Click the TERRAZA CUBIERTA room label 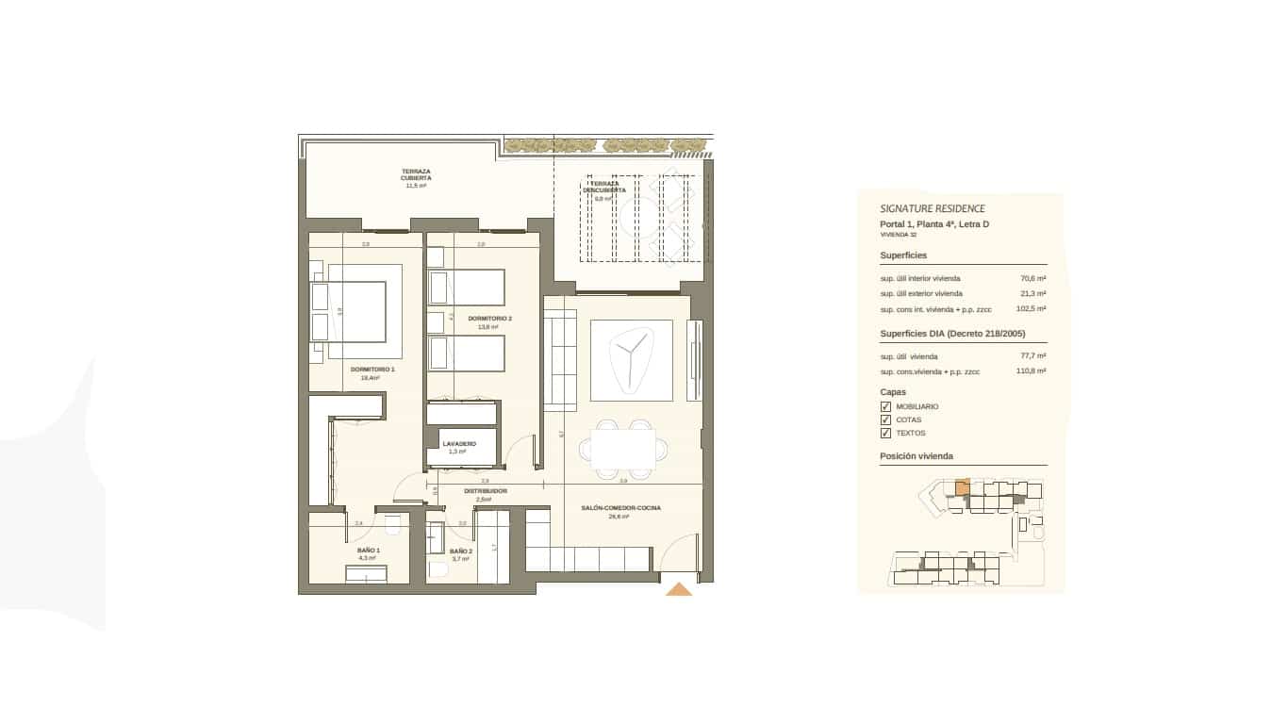click(x=416, y=174)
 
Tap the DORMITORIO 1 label click(x=372, y=370)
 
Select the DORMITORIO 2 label click(x=489, y=319)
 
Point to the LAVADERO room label click(x=459, y=443)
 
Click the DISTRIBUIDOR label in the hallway click(x=486, y=491)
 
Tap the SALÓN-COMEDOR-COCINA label click(x=620, y=508)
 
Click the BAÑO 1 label click(x=369, y=550)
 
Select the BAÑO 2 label click(x=460, y=551)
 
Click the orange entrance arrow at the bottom click(x=679, y=590)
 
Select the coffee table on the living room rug click(x=632, y=359)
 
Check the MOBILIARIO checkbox click(x=885, y=407)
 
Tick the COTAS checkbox click(x=885, y=420)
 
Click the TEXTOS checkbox click(x=885, y=434)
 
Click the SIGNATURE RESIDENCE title click(x=932, y=208)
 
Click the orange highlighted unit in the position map click(x=962, y=487)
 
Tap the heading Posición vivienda click(x=916, y=456)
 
